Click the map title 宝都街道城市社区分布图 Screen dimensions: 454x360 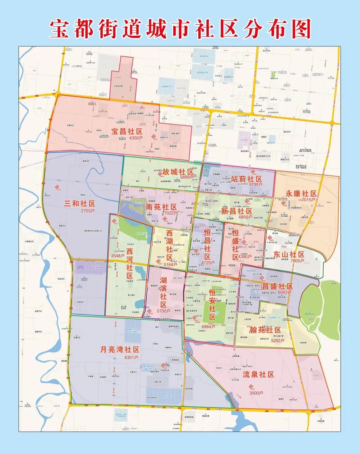180,29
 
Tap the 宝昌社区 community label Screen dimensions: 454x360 127,131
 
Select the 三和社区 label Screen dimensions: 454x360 79,204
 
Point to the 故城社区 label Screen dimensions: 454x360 178,172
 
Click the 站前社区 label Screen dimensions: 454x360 246,179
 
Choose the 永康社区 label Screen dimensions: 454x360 301,194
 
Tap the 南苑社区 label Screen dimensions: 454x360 161,207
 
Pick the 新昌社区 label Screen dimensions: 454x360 237,211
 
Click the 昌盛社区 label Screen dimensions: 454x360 277,286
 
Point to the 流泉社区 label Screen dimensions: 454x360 258,374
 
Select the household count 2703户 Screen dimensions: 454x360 88,211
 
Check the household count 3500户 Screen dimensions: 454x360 256,393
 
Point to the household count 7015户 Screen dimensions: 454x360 308,200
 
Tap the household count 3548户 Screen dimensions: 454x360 118,256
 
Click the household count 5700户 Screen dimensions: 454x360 163,311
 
